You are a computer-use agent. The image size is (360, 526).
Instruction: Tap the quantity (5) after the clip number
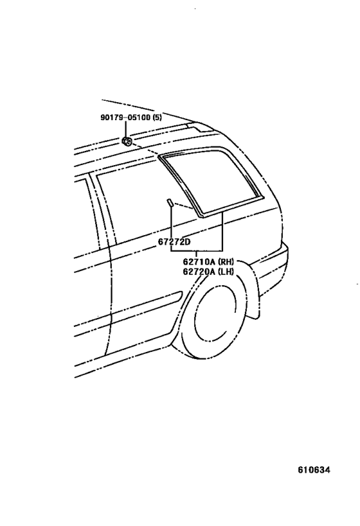click(x=157, y=118)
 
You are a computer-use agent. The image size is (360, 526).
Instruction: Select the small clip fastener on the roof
click(x=127, y=141)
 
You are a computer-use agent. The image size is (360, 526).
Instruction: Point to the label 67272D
click(x=174, y=241)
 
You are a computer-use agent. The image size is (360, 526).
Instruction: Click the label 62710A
click(x=199, y=261)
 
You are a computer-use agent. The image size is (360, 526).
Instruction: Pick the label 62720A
click(x=199, y=272)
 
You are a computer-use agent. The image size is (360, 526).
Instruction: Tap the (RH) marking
click(x=226, y=261)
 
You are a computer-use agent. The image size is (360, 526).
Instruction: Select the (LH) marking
click(x=226, y=272)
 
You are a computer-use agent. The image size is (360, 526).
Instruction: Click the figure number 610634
click(x=314, y=469)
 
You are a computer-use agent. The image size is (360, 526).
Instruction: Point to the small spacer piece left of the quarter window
click(x=170, y=203)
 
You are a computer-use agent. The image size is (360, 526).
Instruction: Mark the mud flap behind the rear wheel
click(x=253, y=295)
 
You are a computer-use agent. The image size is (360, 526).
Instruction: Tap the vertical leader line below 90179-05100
click(x=126, y=130)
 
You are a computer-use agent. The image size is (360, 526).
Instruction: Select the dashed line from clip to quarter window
click(x=145, y=150)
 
